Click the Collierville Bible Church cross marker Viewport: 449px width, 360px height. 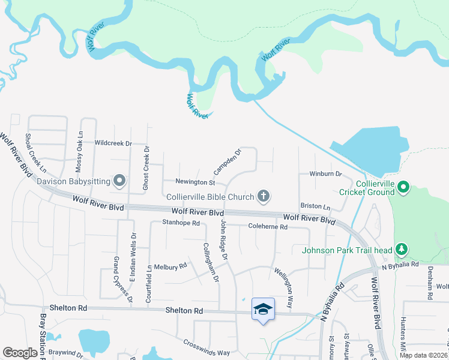pos(263,196)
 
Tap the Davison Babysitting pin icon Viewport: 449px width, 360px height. pos(119,180)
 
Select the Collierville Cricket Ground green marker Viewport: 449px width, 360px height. pos(404,188)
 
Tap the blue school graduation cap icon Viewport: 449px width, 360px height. pos(263,309)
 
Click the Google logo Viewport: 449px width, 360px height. pos(20,353)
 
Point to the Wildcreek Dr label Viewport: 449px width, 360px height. pos(113,143)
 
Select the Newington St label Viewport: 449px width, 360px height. pos(195,182)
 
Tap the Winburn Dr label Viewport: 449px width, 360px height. pos(325,174)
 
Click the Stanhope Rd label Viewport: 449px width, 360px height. pos(180,223)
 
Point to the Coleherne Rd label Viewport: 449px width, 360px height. pos(268,227)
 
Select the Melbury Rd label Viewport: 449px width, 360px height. pos(170,266)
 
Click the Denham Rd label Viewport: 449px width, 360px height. pos(430,283)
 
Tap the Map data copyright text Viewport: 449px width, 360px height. pos(423,355)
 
